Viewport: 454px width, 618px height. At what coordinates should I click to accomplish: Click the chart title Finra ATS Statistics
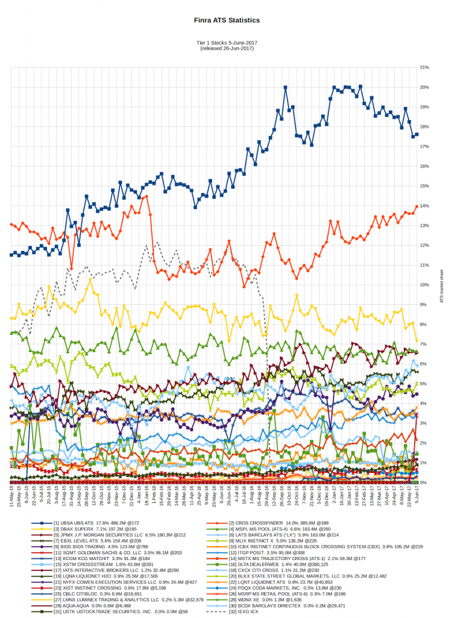(227, 20)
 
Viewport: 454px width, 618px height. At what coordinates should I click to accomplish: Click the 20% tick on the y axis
(424, 88)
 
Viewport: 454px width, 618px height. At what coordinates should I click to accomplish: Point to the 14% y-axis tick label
(424, 206)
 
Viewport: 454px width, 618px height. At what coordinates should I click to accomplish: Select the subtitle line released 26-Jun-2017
(227, 48)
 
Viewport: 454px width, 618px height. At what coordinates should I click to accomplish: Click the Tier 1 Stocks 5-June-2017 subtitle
(227, 43)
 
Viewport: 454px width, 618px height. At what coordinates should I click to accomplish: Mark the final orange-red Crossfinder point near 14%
(417, 206)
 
